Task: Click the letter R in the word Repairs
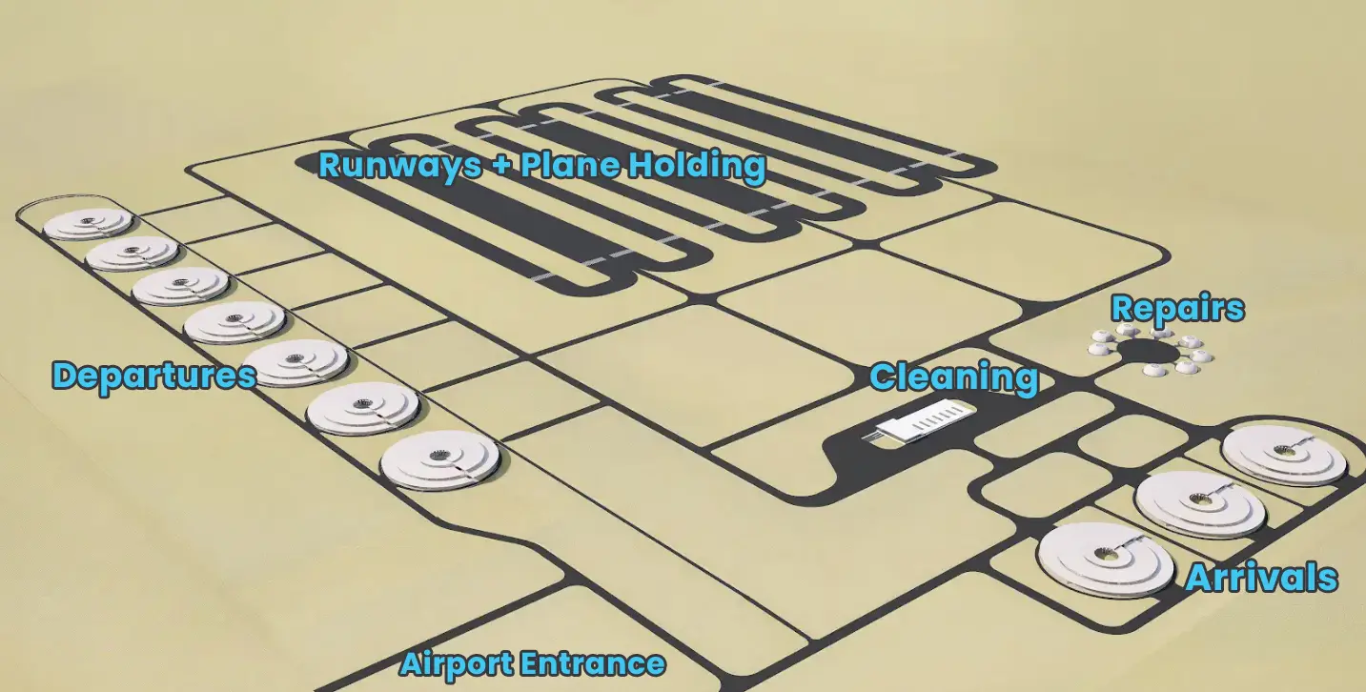[1122, 309]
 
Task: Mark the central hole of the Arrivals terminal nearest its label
[1103, 554]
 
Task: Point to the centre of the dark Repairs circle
[1148, 353]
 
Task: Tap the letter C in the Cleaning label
[883, 377]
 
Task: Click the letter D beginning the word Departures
[65, 376]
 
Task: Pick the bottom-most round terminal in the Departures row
[440, 460]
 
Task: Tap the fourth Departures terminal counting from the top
[234, 322]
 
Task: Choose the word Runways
[399, 166]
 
